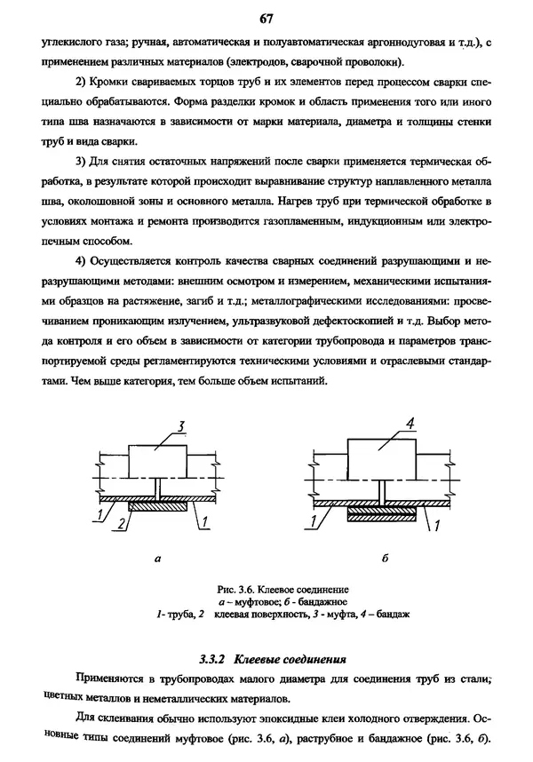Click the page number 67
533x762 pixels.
pyautogui.click(x=266, y=18)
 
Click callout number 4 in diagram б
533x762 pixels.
pyautogui.click(x=410, y=422)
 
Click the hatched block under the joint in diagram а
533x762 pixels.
pyautogui.click(x=157, y=508)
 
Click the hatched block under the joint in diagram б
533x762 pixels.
pyautogui.click(x=379, y=513)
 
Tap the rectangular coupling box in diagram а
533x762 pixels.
pyautogui.click(x=157, y=462)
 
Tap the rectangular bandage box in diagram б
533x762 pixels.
pyautogui.click(x=379, y=456)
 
